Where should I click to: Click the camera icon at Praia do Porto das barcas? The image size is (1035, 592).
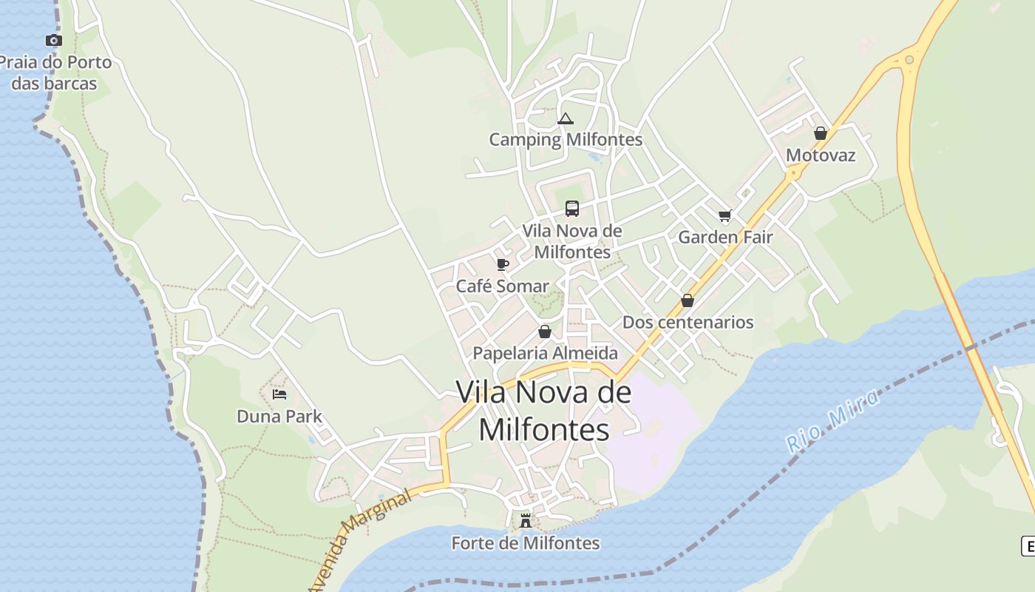pyautogui.click(x=53, y=41)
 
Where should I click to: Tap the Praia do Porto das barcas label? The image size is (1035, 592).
pyautogui.click(x=56, y=73)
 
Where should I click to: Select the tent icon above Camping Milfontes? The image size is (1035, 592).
pyautogui.click(x=566, y=118)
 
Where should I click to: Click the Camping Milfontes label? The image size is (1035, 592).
pyautogui.click(x=566, y=139)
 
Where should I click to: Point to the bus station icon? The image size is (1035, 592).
pyautogui.click(x=572, y=209)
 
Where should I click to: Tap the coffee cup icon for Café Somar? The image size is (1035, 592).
pyautogui.click(x=503, y=265)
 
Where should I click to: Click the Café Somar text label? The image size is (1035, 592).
pyautogui.click(x=502, y=286)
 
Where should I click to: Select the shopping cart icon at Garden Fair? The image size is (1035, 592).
pyautogui.click(x=724, y=216)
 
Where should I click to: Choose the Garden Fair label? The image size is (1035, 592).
pyautogui.click(x=724, y=237)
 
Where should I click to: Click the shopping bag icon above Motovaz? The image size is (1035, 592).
pyautogui.click(x=820, y=134)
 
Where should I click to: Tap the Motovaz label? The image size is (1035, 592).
pyautogui.click(x=820, y=155)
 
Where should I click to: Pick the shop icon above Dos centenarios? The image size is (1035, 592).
pyautogui.click(x=688, y=300)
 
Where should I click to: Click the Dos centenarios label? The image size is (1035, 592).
pyautogui.click(x=688, y=322)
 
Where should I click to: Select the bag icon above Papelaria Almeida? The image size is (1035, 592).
pyautogui.click(x=545, y=332)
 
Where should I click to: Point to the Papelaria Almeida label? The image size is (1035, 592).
pyautogui.click(x=545, y=353)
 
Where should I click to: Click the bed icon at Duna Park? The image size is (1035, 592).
pyautogui.click(x=279, y=394)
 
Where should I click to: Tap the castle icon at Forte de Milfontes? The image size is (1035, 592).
pyautogui.click(x=526, y=520)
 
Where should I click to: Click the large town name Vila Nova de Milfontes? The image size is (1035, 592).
pyautogui.click(x=544, y=411)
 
